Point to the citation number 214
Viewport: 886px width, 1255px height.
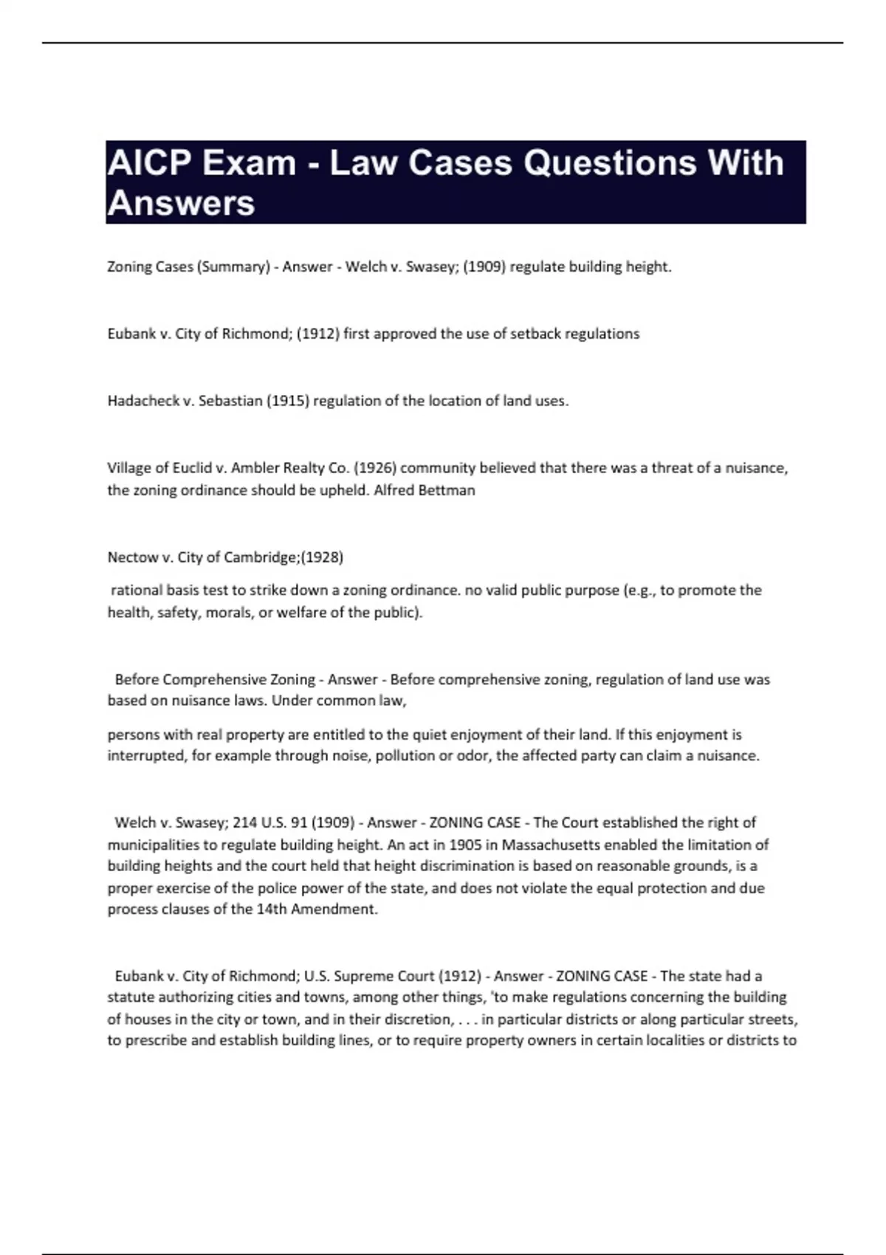click(x=245, y=822)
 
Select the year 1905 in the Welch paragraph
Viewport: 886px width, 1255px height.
click(x=465, y=845)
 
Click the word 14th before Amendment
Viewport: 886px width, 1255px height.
click(x=272, y=910)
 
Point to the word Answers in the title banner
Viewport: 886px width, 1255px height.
click(x=182, y=203)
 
